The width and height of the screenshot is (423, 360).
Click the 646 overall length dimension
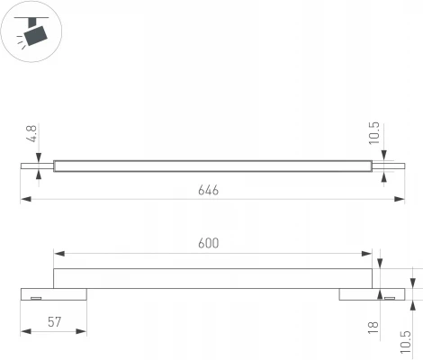tap(209, 191)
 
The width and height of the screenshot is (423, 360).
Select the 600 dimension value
tap(209, 244)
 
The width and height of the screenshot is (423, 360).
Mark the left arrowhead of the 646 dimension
tap(24, 200)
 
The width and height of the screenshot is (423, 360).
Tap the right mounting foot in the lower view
tap(369, 295)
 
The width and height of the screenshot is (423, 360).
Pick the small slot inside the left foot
tap(36, 298)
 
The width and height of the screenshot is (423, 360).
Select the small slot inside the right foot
tap(389, 298)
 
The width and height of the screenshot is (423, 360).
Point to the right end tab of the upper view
tap(382, 165)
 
